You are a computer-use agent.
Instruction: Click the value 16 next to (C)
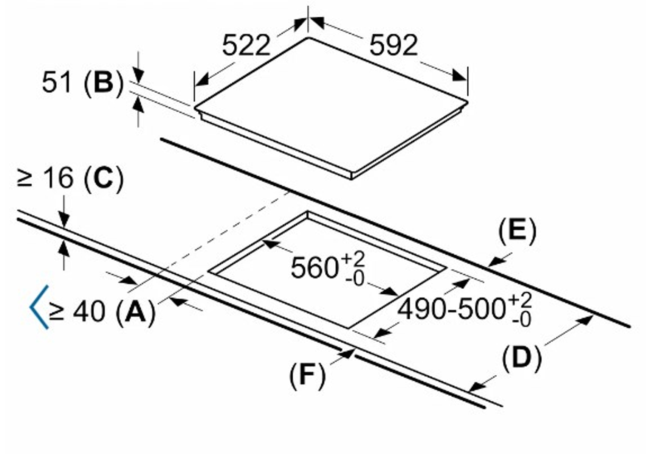[x=58, y=178]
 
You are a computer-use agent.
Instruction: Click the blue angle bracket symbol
[x=39, y=307]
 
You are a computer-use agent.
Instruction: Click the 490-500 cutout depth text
[x=451, y=309]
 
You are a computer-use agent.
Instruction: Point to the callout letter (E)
[x=517, y=230]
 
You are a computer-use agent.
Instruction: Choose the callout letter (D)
[x=522, y=358]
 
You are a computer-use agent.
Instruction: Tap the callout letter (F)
[x=307, y=375]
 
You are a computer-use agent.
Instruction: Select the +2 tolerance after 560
[x=353, y=259]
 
